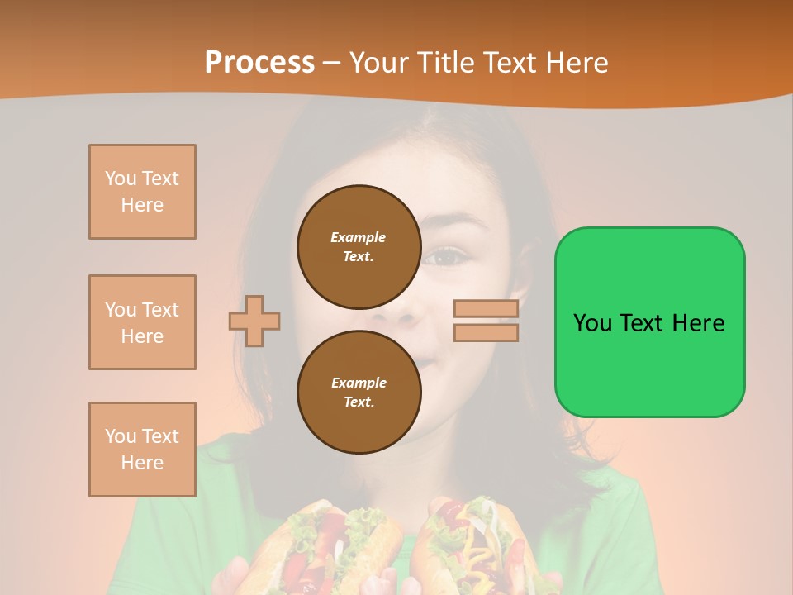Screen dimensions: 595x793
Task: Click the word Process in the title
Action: click(259, 63)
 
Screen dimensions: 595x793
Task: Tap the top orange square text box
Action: click(142, 192)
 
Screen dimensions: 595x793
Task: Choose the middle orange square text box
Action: click(142, 322)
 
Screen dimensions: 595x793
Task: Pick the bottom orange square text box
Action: click(142, 450)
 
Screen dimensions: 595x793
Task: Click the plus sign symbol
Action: click(254, 321)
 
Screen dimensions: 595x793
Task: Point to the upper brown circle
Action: click(359, 246)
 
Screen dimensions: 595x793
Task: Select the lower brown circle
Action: click(359, 392)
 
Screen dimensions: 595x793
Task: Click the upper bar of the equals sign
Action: click(486, 308)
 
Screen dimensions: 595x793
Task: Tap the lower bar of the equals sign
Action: click(486, 332)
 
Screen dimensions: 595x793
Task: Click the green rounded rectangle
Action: click(649, 364)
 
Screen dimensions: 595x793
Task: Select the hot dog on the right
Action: click(471, 545)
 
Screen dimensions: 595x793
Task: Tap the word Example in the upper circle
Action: click(359, 237)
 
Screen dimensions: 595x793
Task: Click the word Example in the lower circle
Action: click(359, 383)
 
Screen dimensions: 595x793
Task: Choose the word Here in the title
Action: click(576, 63)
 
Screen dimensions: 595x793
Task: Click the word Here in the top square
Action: click(142, 205)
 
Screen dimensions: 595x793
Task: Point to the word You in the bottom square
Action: click(120, 436)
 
